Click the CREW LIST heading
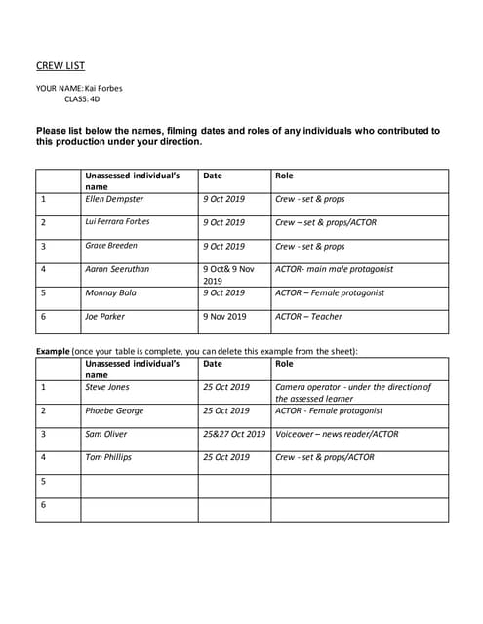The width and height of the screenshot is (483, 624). pos(60,66)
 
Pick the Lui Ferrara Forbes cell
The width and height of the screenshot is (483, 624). pos(118,222)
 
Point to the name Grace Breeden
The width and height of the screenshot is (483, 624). pos(111,246)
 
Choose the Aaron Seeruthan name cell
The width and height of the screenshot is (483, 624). pos(118,269)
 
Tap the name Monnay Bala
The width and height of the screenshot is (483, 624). pos(111,292)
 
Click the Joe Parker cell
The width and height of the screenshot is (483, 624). pos(105,316)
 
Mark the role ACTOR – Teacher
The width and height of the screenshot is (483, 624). pos(308,316)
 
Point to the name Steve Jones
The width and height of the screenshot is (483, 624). pos(106,387)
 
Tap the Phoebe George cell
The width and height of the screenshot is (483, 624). pos(114,410)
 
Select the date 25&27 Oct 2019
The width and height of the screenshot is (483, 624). pos(234,434)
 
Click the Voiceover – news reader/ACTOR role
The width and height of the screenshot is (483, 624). pos(337,434)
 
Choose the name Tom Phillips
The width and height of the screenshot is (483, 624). pos(108,457)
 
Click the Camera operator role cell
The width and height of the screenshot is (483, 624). pos(352,392)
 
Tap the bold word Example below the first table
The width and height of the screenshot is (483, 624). pos(53,351)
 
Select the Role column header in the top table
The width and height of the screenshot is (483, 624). pos(284,175)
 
